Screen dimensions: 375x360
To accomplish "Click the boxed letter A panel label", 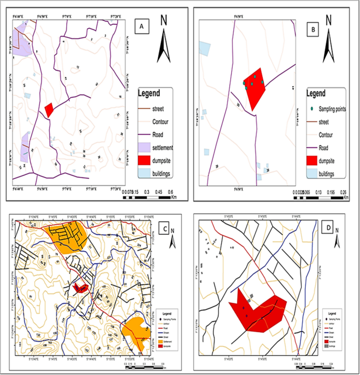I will pos(140,26).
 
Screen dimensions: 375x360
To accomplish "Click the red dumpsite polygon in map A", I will pos(49,110).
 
